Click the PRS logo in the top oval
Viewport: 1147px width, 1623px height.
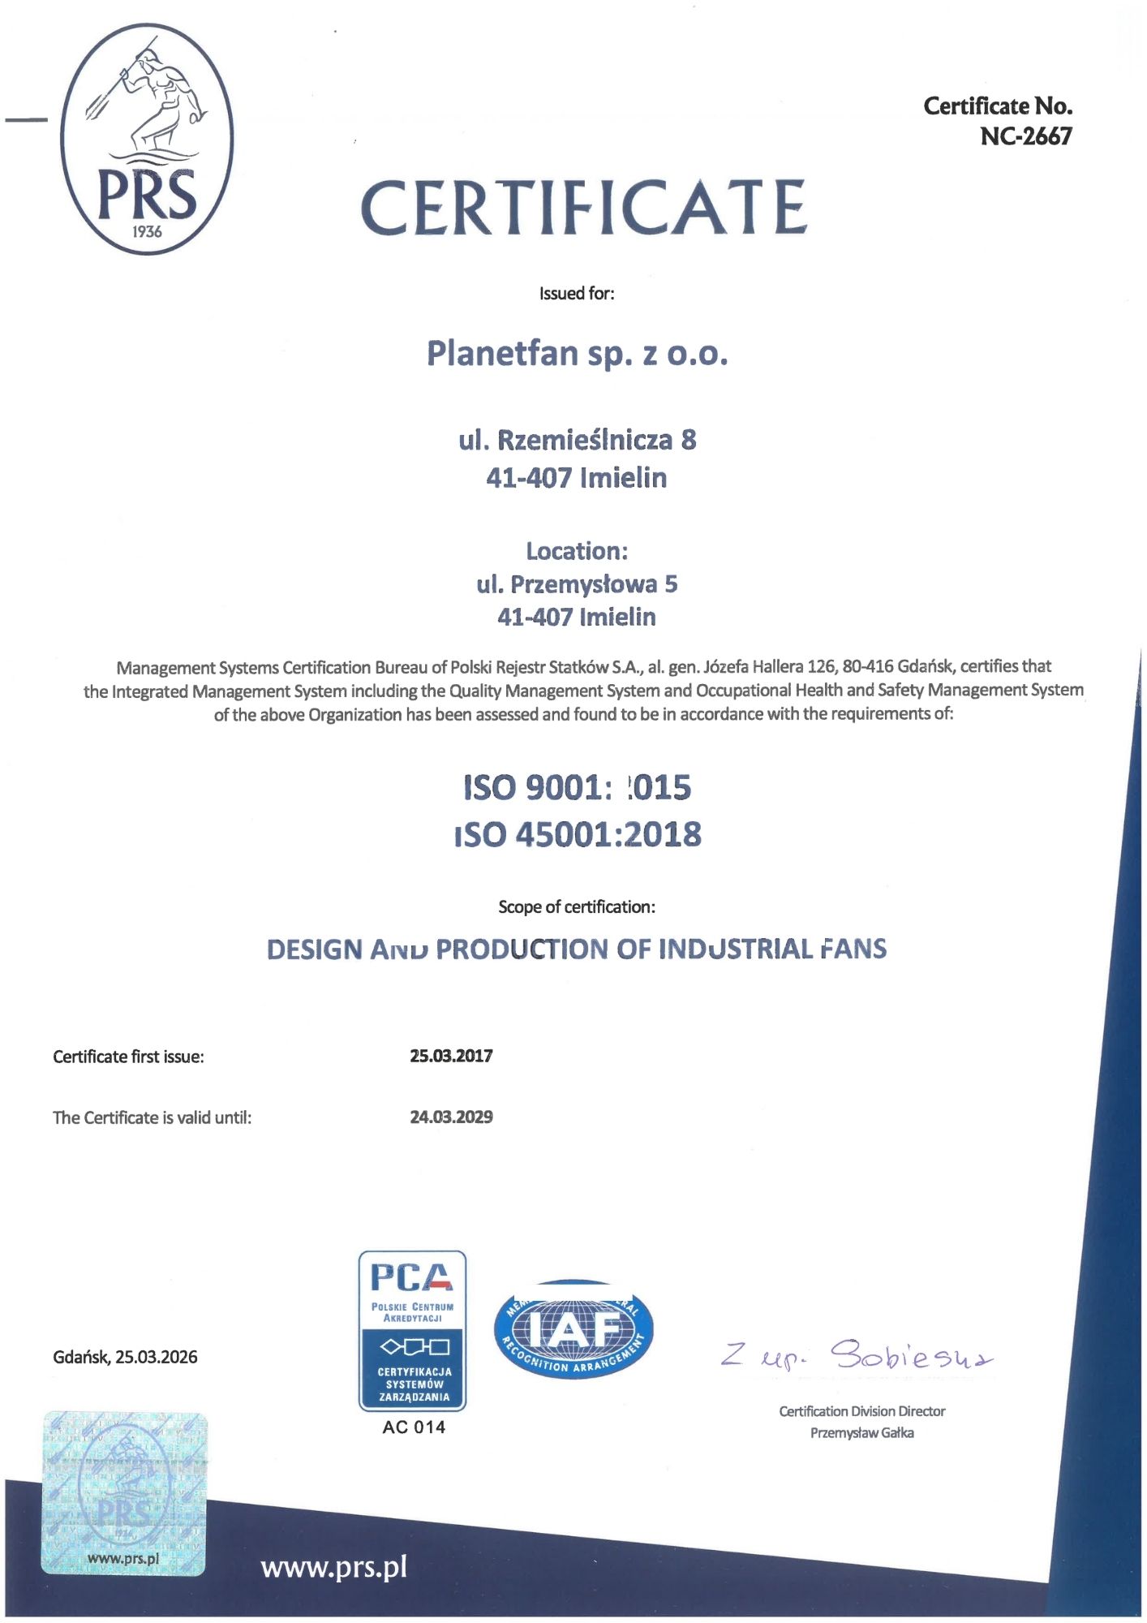(147, 139)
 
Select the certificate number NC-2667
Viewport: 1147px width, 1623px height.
(1025, 136)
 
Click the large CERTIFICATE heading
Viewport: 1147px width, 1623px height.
(583, 208)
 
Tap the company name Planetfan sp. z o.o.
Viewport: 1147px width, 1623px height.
(577, 354)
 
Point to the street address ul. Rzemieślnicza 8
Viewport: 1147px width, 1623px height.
(577, 440)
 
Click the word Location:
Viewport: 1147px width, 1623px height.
(577, 551)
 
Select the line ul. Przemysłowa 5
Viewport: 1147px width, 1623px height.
(577, 584)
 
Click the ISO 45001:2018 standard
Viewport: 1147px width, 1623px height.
(578, 834)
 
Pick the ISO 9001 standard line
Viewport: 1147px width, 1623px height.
(577, 787)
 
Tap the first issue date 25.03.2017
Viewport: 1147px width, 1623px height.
(451, 1056)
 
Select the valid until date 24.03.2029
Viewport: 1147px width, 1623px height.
(451, 1117)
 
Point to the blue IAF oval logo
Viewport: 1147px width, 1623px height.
(573, 1329)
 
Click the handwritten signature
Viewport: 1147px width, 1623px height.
(857, 1355)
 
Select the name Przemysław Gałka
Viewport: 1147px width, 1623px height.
(861, 1433)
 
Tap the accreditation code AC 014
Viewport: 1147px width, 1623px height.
(414, 1427)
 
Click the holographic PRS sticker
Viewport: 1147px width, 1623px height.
(124, 1493)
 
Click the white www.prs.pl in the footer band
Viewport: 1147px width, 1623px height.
(333, 1567)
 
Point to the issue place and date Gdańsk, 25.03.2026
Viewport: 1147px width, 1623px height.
(125, 1357)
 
